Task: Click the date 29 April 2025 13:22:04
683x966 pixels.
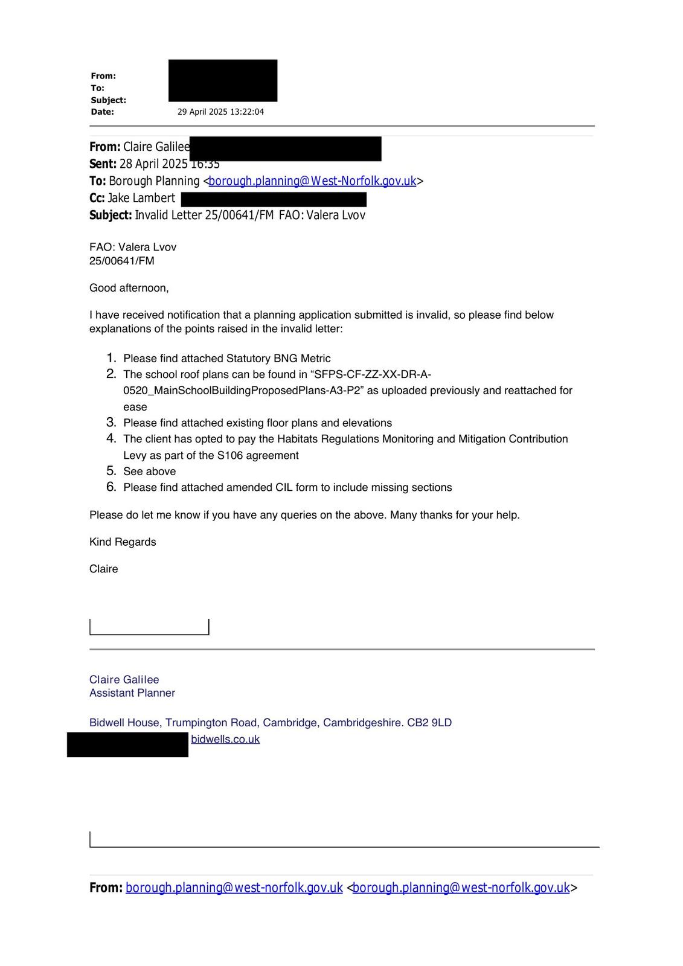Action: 220,112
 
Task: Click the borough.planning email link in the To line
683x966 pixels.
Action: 312,181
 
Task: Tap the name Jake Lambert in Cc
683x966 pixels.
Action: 141,199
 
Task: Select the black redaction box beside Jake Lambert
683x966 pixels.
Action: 274,199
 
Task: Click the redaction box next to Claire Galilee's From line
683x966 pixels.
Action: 285,149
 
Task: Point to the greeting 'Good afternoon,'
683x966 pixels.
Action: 129,288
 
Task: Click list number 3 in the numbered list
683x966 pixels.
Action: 111,423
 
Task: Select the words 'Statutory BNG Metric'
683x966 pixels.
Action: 278,359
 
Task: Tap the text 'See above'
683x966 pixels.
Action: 150,472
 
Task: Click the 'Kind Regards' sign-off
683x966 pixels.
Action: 123,542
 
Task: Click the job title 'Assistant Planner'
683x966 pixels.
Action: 132,693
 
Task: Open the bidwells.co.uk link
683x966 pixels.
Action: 225,739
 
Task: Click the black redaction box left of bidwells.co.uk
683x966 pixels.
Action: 127,744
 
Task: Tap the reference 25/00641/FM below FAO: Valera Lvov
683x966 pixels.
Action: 122,261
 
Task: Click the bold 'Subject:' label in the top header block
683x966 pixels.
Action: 109,100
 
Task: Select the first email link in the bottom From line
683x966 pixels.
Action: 234,888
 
